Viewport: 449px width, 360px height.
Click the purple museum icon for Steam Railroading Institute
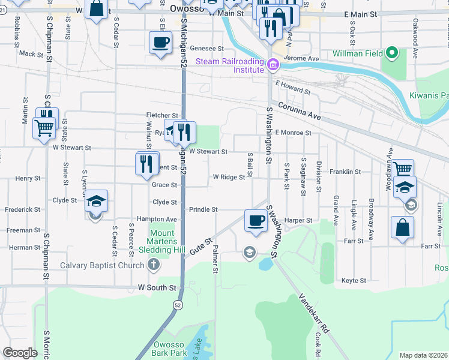point(273,65)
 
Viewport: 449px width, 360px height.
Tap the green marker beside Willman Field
point(392,53)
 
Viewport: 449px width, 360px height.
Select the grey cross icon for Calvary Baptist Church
point(154,264)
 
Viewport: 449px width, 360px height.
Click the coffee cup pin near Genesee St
point(160,43)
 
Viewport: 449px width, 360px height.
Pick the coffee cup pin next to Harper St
point(256,220)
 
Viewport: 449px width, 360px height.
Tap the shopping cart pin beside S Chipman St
point(44,127)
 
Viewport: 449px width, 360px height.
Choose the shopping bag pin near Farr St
point(402,228)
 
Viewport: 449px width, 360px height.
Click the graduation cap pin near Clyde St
point(96,201)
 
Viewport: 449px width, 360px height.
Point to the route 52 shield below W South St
point(178,305)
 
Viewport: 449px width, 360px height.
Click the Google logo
point(20,353)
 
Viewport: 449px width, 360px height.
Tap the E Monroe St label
point(294,133)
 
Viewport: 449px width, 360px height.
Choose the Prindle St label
point(203,209)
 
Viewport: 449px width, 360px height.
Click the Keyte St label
point(354,280)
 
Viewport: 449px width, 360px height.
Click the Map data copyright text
point(423,355)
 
